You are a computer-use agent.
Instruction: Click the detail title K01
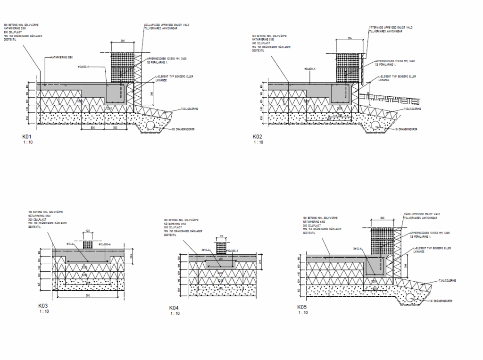pos(26,136)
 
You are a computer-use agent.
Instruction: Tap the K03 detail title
pos(43,306)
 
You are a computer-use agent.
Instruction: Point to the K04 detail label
pos(174,308)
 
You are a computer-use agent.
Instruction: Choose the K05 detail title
pos(301,307)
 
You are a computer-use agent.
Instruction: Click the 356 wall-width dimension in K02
pos(350,38)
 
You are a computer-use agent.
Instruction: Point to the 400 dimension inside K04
pos(220,259)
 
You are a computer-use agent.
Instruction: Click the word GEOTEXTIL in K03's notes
pos(35,227)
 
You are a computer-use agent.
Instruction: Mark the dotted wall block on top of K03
pos(87,244)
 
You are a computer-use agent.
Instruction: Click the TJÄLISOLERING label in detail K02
pos(412,109)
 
